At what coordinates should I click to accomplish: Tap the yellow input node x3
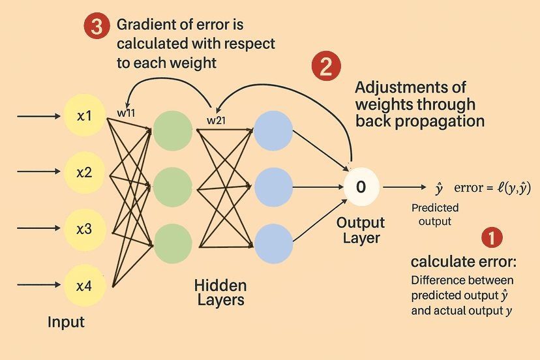pos(84,229)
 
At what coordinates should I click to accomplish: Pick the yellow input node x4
pos(84,284)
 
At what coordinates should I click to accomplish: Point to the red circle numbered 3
pos(97,27)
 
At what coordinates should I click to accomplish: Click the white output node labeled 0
pos(361,187)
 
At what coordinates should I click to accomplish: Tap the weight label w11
pos(125,112)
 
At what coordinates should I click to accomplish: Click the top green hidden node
pos(172,130)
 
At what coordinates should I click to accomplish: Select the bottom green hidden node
pos(172,242)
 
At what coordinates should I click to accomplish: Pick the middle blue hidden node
pos(273,187)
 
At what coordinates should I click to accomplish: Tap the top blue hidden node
pos(273,130)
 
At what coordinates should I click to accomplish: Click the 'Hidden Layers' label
pos(220,293)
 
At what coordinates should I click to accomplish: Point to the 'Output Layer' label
pos(361,230)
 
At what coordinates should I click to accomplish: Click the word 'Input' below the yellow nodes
pos(67,322)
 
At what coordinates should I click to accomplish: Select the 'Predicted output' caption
pos(435,215)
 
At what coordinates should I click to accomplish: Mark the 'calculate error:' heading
pos(463,262)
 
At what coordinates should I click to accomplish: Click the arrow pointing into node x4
pos(39,284)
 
